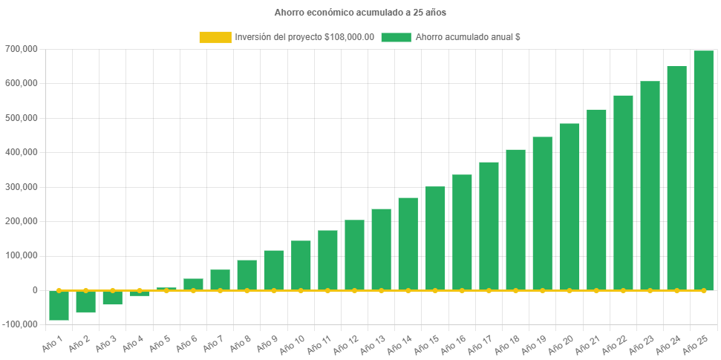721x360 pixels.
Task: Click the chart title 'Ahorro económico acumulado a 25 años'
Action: (x=360, y=12)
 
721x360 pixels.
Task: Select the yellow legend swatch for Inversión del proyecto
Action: (x=215, y=37)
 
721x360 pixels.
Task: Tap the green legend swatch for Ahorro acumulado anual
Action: (x=396, y=37)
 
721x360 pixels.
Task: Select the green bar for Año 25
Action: (x=703, y=170)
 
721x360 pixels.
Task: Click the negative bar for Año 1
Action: (x=59, y=305)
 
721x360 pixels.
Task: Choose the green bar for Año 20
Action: (x=569, y=206)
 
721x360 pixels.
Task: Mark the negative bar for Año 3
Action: (x=113, y=298)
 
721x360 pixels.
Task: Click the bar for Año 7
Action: (x=220, y=280)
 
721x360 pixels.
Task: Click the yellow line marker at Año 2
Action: (x=86, y=290)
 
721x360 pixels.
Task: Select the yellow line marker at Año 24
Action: (x=676, y=290)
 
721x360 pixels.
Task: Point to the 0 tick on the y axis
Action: (x=35, y=290)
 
